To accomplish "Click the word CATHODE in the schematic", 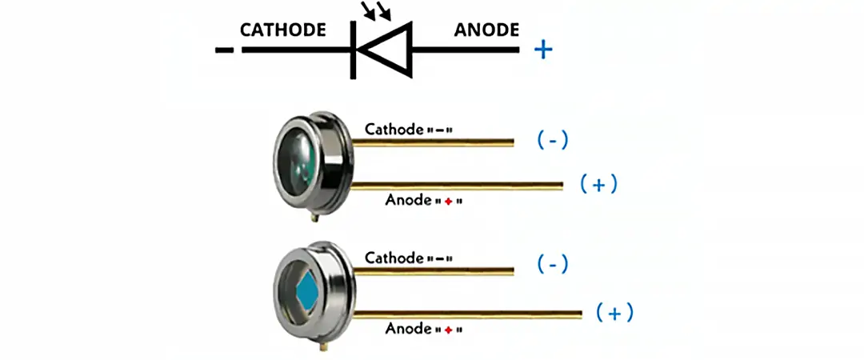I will coord(283,30).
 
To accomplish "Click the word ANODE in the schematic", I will coord(486,30).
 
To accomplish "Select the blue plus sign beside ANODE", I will coord(543,50).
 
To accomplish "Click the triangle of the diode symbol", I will coord(387,50).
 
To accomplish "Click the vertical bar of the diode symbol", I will coord(353,50).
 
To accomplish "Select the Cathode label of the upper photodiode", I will coord(394,128).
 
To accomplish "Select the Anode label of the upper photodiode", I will coord(407,200).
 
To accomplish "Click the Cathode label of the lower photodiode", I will coord(394,258).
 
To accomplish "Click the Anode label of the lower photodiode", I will coord(407,328).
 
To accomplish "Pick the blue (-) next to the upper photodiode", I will coord(552,141).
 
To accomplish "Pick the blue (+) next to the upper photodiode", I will coord(599,185).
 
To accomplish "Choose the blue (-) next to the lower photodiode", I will coord(552,265).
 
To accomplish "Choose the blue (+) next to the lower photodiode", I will coord(614,313).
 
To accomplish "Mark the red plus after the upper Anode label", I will coord(448,202).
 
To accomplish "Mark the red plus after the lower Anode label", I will coord(448,329).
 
